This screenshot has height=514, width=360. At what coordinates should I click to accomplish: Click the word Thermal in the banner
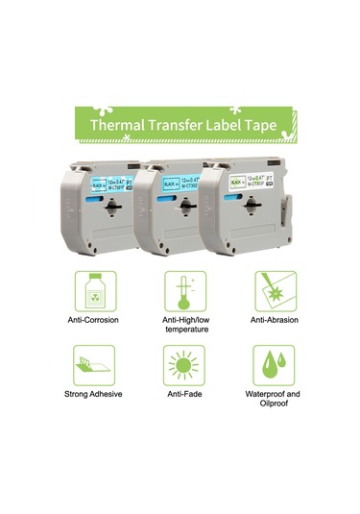117,126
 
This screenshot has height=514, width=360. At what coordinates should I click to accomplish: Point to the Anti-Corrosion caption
95,320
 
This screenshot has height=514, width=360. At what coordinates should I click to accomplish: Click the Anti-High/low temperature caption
180,325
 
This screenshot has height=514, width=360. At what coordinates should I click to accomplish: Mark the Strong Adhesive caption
95,395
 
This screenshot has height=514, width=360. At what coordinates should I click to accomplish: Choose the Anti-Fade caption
180,395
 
